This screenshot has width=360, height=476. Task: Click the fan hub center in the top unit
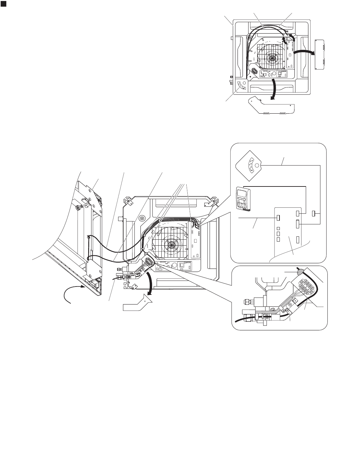click(x=272, y=59)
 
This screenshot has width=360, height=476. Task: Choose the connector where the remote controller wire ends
click(x=299, y=213)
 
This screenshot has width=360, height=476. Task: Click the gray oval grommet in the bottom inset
click(x=299, y=271)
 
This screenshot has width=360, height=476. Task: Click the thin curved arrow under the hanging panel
click(x=72, y=293)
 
